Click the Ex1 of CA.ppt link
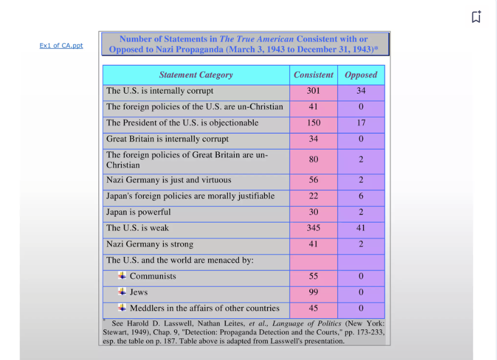(61, 45)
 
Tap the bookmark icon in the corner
(476, 16)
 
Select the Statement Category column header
(196, 75)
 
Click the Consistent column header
(313, 75)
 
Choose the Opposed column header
(360, 75)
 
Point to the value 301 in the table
(313, 91)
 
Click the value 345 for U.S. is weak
(313, 227)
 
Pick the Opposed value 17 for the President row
(360, 123)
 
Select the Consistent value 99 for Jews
(313, 292)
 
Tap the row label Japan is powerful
(138, 212)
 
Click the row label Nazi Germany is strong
(150, 244)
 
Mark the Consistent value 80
(313, 160)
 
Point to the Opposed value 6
(360, 196)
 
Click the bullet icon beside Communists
(122, 275)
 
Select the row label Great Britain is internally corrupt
(167, 139)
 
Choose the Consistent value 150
(313, 123)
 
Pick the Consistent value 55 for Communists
(313, 276)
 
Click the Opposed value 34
(360, 91)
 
